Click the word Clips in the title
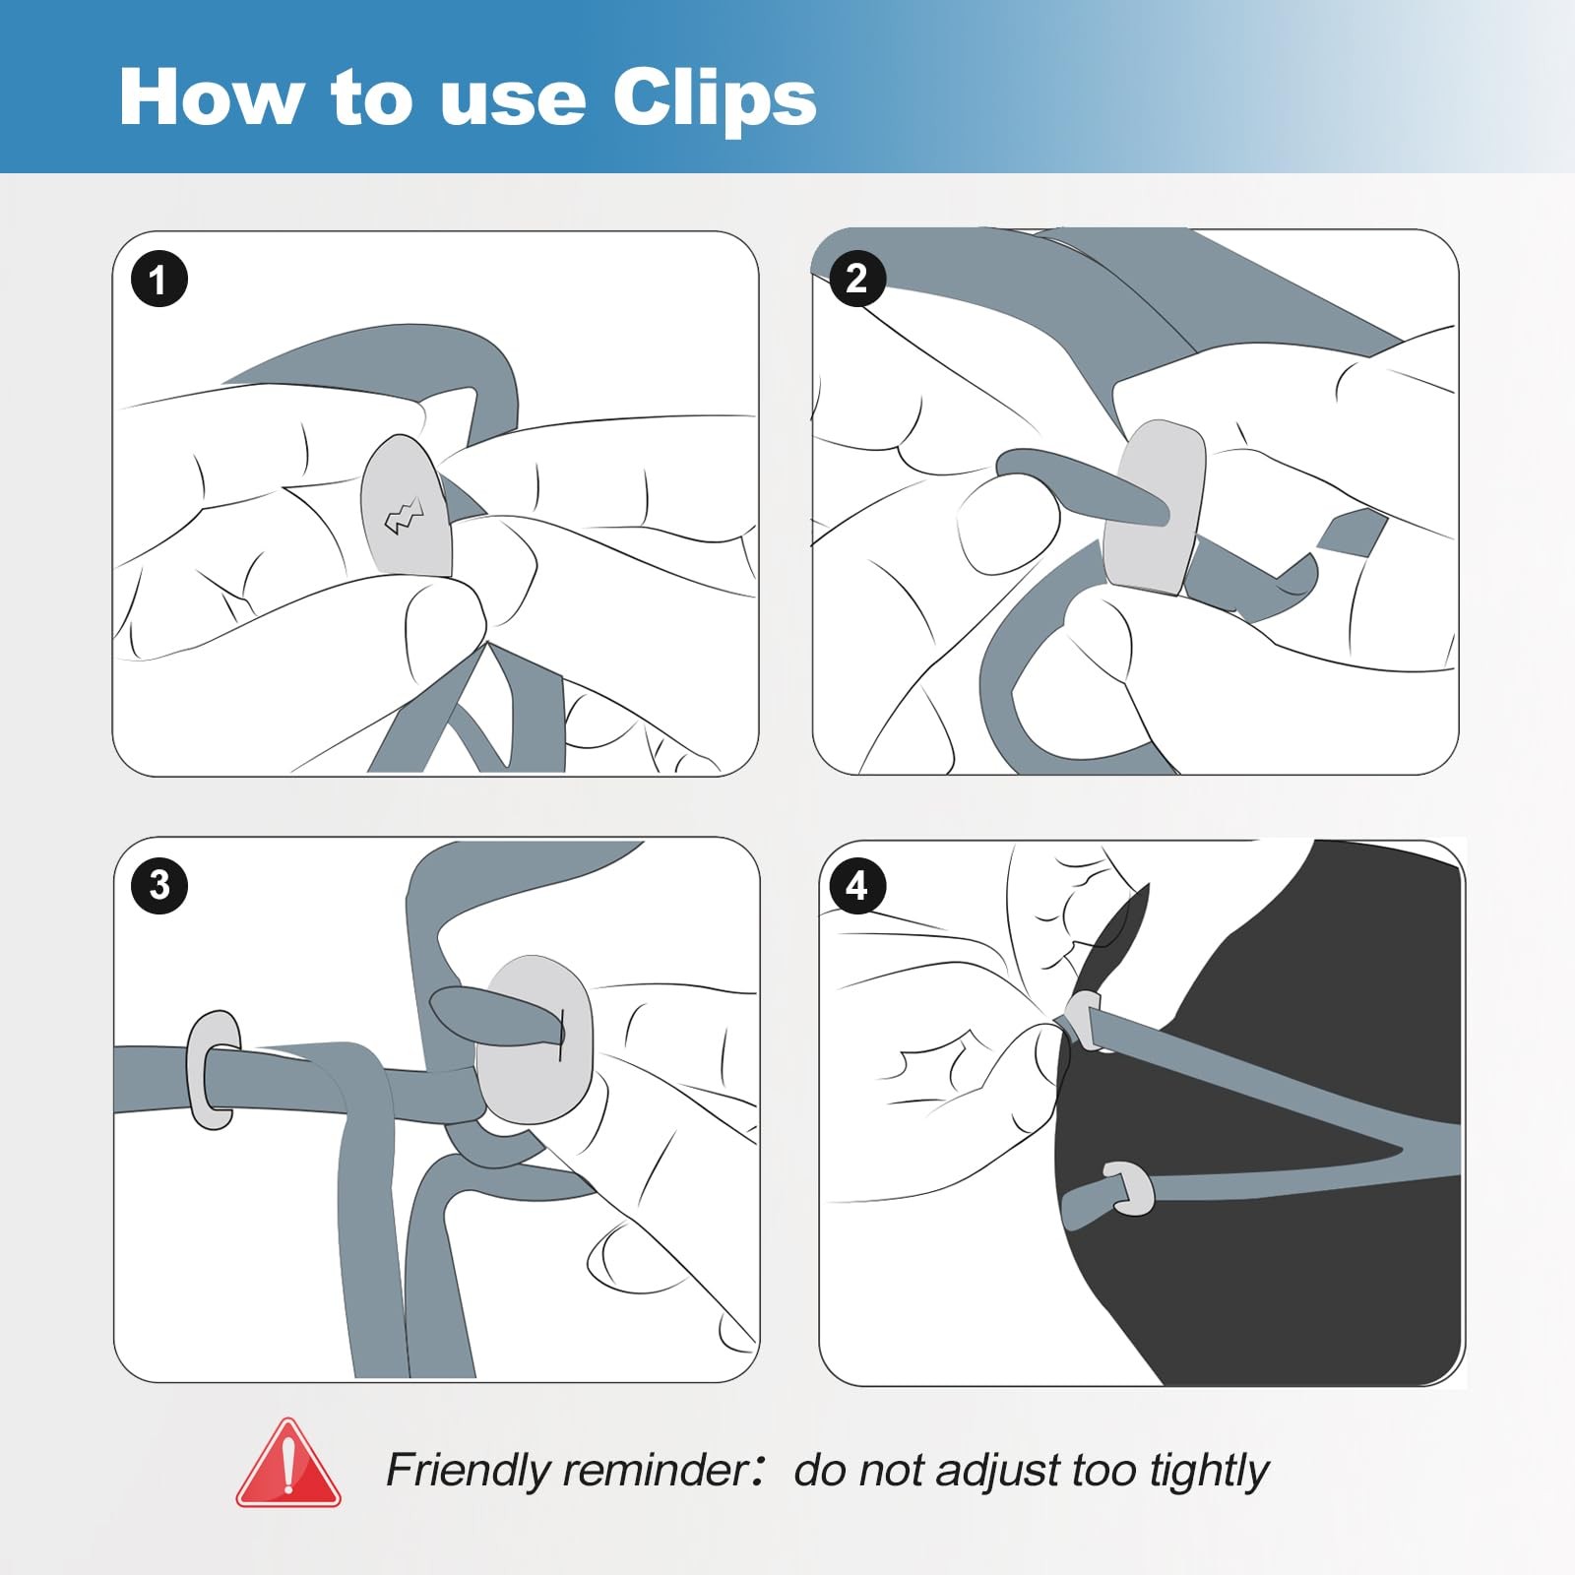click(x=715, y=98)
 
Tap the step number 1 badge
click(x=158, y=279)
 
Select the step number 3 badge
click(x=159, y=885)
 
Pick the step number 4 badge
click(x=857, y=885)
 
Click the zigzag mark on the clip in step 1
click(x=404, y=515)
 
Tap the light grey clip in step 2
click(x=1154, y=508)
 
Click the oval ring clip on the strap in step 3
click(x=212, y=1069)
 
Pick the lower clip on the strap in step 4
click(x=1130, y=1188)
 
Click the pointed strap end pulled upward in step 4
click(x=1122, y=935)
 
